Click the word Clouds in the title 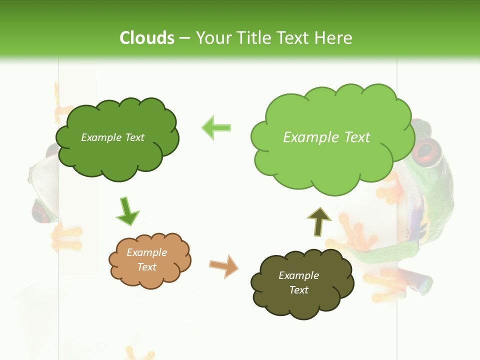(147, 38)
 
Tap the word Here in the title (333, 38)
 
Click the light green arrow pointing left (216, 127)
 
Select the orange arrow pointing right (223, 265)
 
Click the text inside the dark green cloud (112, 137)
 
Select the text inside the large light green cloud (326, 137)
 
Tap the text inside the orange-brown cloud (146, 259)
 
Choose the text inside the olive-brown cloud (298, 282)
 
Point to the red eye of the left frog (40, 212)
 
